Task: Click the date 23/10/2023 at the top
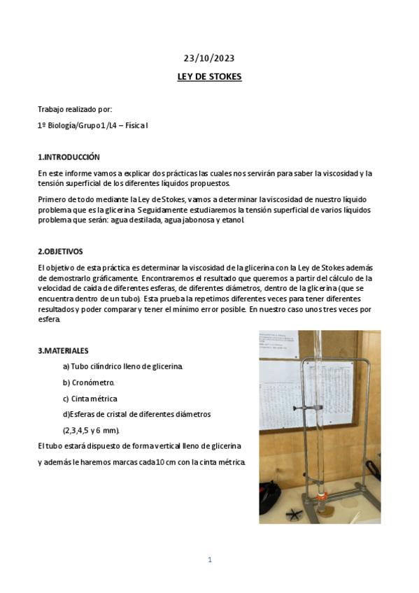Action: tap(209, 59)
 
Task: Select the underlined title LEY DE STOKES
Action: tap(209, 77)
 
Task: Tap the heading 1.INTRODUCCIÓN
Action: tap(69, 157)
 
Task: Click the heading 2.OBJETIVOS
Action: tap(60, 251)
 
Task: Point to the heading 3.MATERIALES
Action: tap(63, 350)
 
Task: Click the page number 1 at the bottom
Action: tap(209, 559)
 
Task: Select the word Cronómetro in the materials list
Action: tap(93, 383)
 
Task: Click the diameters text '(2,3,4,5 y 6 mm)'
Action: tap(91, 430)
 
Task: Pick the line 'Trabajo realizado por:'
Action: tap(75, 110)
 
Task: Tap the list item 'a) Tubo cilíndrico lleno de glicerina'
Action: tap(122, 366)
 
